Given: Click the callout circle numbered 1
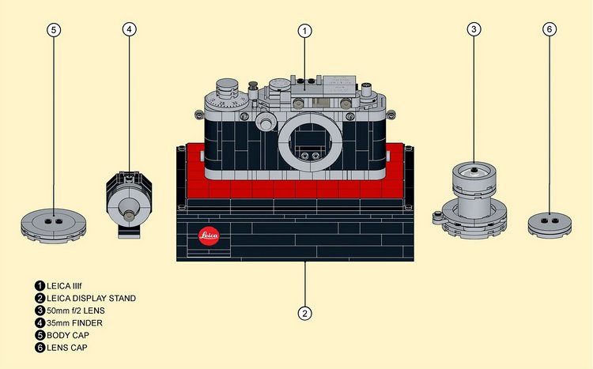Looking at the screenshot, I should [x=304, y=31].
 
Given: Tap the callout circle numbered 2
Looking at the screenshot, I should [x=304, y=313].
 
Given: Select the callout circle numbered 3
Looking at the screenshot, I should [x=474, y=29].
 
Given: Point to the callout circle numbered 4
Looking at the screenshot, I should [x=130, y=29].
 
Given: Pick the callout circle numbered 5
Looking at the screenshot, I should [x=53, y=29].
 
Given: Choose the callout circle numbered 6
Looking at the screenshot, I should [x=550, y=29].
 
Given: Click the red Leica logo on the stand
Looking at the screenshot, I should [x=209, y=235].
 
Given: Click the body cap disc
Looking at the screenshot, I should [x=53, y=224].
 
